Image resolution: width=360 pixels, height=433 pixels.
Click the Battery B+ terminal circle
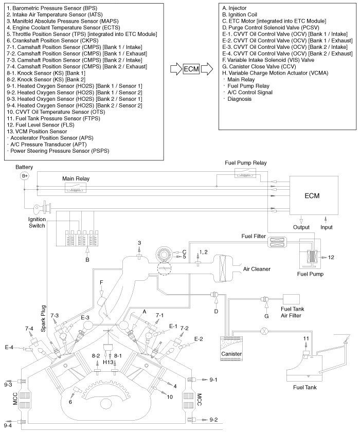pos(24,176)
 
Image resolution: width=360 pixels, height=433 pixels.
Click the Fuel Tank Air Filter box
pos(292,300)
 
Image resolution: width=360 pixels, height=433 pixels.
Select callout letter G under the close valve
pos(266,314)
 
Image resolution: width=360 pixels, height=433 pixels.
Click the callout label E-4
pos(9,348)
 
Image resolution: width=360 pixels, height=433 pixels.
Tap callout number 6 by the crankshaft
pos(70,402)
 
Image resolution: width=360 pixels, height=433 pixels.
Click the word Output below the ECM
pos(301,227)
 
